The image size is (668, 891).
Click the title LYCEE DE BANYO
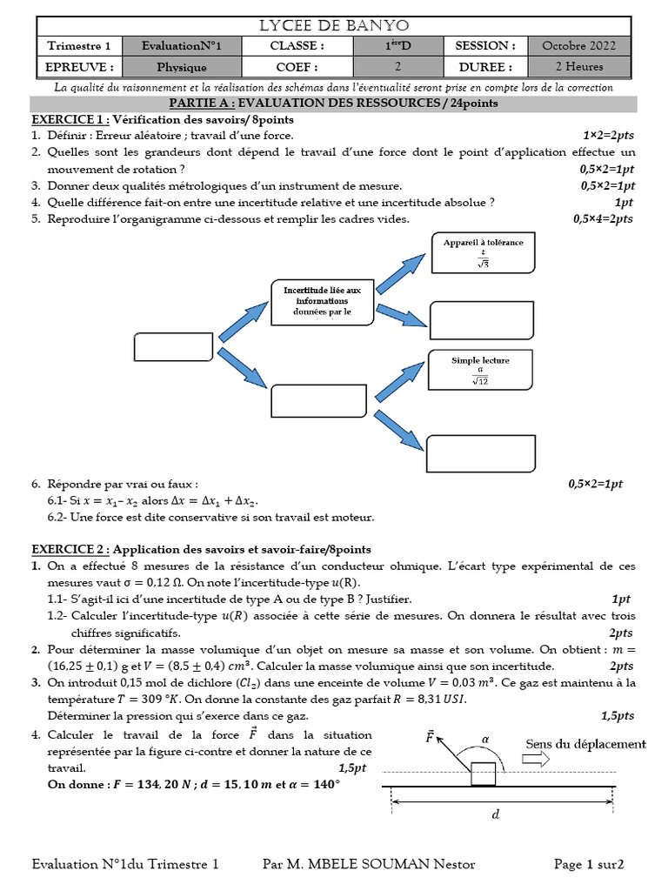click(333, 25)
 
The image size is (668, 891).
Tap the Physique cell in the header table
click(181, 66)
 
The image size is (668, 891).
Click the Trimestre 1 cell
click(78, 45)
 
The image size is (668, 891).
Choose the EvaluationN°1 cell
click(181, 45)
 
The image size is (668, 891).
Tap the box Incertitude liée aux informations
click(323, 301)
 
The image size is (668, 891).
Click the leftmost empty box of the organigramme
click(174, 345)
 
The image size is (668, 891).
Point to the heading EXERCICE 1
click(70, 119)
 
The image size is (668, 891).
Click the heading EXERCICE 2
click(70, 549)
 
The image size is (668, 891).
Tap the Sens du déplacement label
click(586, 744)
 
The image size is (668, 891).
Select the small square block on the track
click(483, 771)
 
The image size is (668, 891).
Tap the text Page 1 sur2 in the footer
click(589, 864)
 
